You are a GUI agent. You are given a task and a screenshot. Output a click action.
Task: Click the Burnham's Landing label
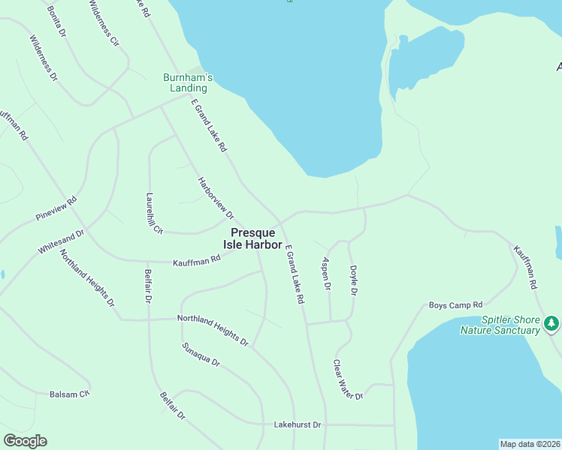coord(189,82)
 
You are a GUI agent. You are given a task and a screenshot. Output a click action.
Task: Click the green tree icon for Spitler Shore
coord(552,322)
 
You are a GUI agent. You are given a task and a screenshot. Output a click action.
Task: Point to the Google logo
coord(25,441)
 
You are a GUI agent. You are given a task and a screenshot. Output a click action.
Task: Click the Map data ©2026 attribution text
coord(530,444)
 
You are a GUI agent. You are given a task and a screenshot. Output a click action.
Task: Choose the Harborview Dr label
coord(216,199)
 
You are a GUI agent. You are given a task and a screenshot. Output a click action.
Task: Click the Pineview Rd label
coord(56,209)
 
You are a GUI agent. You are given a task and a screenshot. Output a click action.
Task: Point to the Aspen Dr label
coord(326,274)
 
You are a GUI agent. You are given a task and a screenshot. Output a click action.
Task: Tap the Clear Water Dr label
coord(348,379)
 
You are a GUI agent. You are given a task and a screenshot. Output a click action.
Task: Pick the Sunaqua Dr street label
coord(201,355)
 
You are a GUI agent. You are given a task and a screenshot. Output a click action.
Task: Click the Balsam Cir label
coord(70,393)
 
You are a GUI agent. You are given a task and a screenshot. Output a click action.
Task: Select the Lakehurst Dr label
coord(297,424)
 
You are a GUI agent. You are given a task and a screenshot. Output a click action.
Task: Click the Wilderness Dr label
coord(44,58)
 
